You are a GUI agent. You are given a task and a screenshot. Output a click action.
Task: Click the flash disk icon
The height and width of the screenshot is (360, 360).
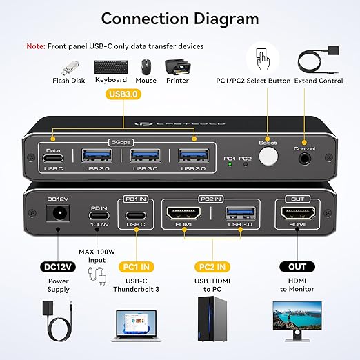(68, 68)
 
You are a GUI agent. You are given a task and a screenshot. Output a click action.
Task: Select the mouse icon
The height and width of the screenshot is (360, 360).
(146, 67)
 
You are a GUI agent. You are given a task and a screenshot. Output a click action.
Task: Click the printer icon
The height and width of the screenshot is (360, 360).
(177, 67)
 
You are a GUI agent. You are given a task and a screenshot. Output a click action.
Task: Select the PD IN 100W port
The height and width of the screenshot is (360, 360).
(99, 215)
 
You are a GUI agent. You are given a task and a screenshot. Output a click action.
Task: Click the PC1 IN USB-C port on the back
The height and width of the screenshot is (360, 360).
(136, 215)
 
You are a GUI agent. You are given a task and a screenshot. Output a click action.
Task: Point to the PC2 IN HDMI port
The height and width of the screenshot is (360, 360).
(183, 215)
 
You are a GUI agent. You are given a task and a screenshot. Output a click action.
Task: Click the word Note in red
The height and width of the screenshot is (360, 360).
(36, 46)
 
